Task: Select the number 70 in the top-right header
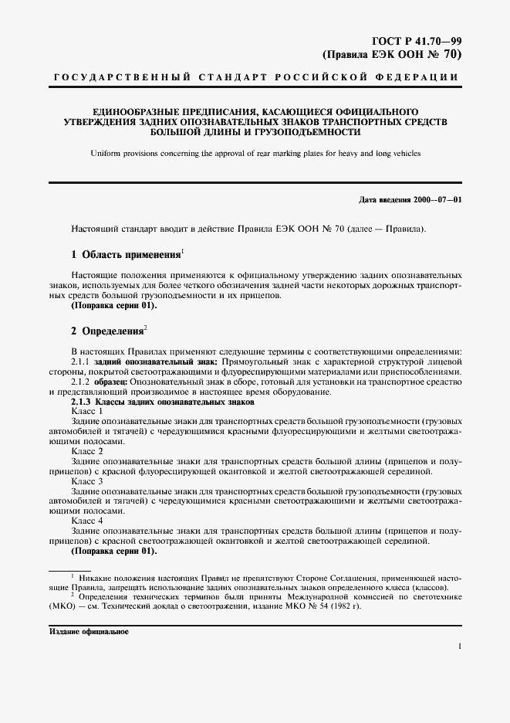[453, 54]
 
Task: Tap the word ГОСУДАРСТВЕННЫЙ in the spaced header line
[106, 78]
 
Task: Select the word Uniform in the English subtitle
[105, 154]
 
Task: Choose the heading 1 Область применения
[124, 253]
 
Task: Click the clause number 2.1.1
[80, 361]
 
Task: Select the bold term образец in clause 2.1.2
[111, 382]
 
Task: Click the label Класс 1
[87, 411]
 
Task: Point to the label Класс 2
[87, 451]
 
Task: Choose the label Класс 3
[87, 481]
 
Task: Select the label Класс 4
[87, 521]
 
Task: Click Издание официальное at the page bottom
[89, 631]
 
